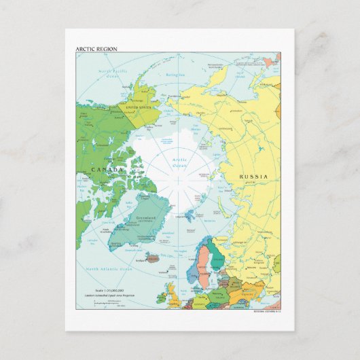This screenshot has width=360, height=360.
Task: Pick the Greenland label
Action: pyautogui.click(x=146, y=218)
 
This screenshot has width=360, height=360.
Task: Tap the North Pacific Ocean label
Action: pyautogui.click(x=112, y=73)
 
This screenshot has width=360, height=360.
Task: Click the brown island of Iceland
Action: pyautogui.click(x=151, y=257)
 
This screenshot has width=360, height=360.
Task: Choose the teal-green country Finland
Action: pyautogui.click(x=217, y=257)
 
